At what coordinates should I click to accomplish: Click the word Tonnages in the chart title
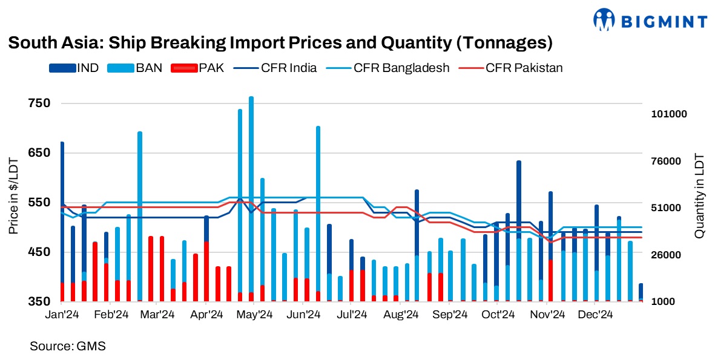pyautogui.click(x=504, y=44)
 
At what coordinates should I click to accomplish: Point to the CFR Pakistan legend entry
pyautogui.click(x=512, y=68)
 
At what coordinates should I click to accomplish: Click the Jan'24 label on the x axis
pyautogui.click(x=62, y=315)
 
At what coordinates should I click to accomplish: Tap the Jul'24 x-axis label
pyautogui.click(x=352, y=315)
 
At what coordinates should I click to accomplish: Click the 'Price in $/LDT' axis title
pyautogui.click(x=13, y=196)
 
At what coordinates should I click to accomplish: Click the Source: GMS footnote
pyautogui.click(x=67, y=347)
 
